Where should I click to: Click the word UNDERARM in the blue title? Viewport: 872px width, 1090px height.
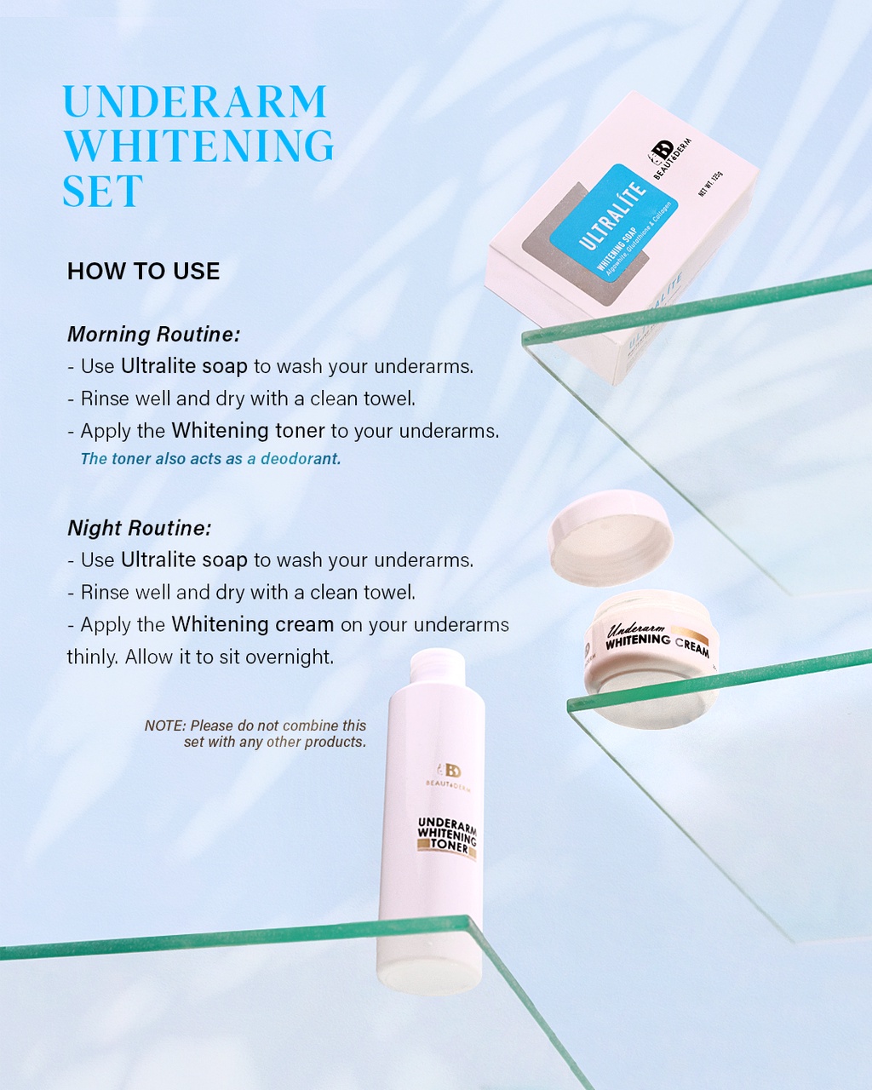coord(194,102)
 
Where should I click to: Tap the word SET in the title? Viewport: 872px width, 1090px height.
coord(102,192)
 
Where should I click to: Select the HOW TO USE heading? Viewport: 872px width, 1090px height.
coord(143,272)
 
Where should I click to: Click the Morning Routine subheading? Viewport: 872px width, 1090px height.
coord(153,335)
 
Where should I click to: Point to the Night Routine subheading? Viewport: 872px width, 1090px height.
coord(139,528)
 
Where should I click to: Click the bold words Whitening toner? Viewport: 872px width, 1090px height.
coord(248,431)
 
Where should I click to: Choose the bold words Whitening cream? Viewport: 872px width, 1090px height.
coord(252,624)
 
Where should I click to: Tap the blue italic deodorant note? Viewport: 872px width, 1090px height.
coord(210,459)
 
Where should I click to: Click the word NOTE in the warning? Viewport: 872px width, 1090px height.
coord(164,726)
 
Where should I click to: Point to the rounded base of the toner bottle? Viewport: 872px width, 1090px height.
coord(430,975)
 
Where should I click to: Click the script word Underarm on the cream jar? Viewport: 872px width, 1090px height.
coord(635,629)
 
